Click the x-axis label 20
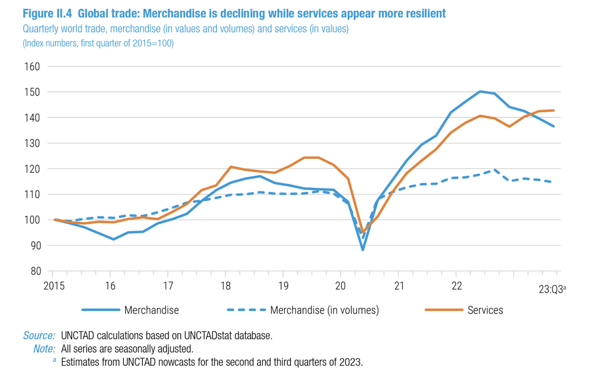click(x=341, y=286)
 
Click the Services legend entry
click(x=485, y=310)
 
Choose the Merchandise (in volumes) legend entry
click(x=324, y=310)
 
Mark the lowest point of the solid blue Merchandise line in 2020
click(x=362, y=250)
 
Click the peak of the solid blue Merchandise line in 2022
click(x=480, y=91)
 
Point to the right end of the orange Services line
click(x=554, y=111)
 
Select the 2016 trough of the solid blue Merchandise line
click(x=114, y=239)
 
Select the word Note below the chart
click(x=44, y=349)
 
